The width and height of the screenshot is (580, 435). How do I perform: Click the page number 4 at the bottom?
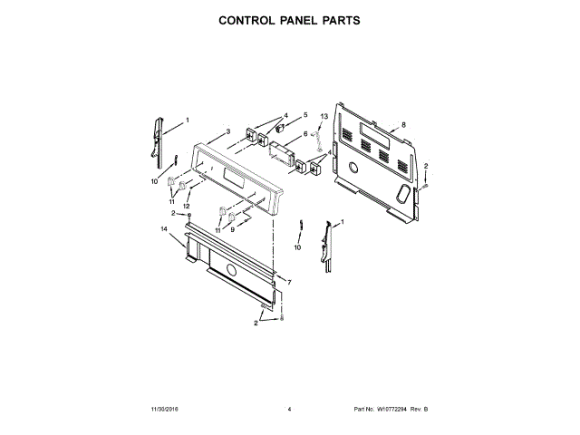(x=289, y=411)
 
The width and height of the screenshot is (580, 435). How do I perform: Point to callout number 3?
(x=228, y=131)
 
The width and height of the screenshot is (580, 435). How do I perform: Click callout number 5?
(x=305, y=115)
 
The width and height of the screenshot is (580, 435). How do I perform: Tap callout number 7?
(x=289, y=284)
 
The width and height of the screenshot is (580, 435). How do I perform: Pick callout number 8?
(x=403, y=124)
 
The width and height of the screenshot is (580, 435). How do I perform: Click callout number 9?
(x=232, y=230)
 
